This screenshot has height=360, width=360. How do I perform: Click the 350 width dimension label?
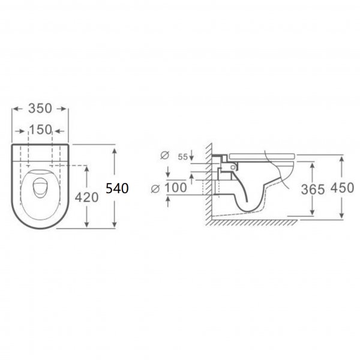coord(40,109)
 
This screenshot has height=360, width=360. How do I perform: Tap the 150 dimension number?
coord(40,130)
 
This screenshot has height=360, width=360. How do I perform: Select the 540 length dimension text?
coord(117,188)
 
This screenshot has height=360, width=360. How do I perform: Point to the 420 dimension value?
coord(87,197)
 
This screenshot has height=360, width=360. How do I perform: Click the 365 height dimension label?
coord(313,190)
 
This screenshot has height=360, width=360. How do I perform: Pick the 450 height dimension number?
coord(342,188)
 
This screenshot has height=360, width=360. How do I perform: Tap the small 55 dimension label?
coord(183,157)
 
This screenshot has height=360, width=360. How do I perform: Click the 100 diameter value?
coord(176,188)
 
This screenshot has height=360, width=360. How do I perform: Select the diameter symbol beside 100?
coord(155,189)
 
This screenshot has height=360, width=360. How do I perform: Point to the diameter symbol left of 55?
coord(164,155)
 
